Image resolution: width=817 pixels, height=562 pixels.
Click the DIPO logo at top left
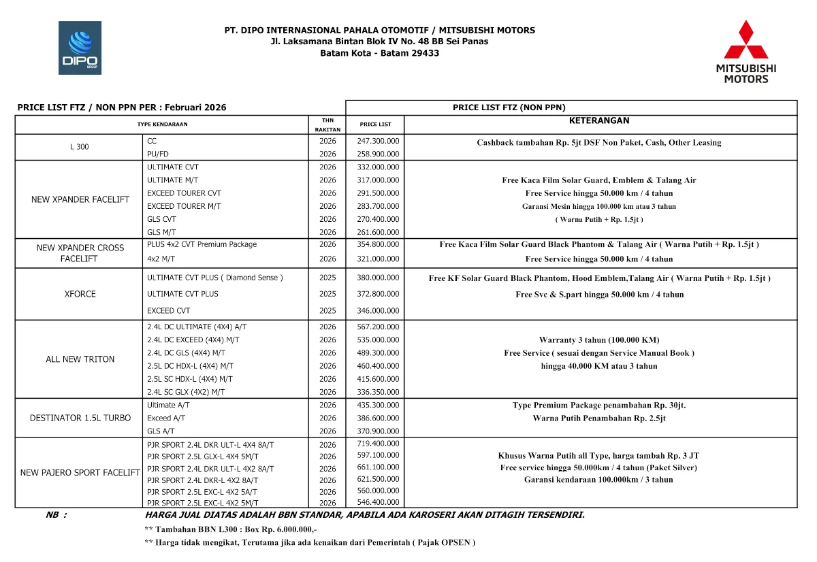(x=80, y=48)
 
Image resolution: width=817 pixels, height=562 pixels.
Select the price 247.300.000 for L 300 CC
(x=378, y=141)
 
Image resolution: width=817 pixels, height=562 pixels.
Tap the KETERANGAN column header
(x=598, y=120)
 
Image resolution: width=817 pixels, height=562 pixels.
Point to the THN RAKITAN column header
(x=327, y=125)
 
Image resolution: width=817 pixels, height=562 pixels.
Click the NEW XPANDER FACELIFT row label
(x=80, y=200)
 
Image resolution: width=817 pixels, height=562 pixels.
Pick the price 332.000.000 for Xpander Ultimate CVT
(x=378, y=167)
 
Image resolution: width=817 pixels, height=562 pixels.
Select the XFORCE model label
(x=80, y=294)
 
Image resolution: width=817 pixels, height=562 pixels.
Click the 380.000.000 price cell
(x=378, y=278)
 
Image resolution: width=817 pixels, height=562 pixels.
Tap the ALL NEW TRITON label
(x=80, y=359)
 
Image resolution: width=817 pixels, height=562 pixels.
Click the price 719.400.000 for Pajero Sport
(x=378, y=444)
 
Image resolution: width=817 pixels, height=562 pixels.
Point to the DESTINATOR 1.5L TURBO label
(x=80, y=418)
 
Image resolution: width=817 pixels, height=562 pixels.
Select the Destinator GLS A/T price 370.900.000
(x=378, y=431)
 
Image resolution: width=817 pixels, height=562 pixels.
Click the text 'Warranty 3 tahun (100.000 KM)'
(x=598, y=340)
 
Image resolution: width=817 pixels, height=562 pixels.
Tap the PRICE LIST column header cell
(x=376, y=125)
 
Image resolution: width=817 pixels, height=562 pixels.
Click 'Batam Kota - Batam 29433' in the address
(x=379, y=53)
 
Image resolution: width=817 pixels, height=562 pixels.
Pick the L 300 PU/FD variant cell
(x=158, y=154)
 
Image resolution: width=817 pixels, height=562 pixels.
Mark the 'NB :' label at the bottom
(x=56, y=515)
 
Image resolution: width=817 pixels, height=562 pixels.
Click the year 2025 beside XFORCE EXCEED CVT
(x=327, y=311)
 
